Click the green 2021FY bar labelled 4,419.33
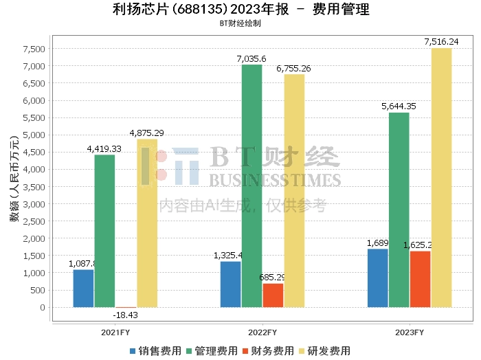(104, 231)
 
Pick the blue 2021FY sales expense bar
(83, 288)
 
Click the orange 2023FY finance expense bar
(420, 279)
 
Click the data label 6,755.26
(293, 69)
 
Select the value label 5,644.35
(399, 106)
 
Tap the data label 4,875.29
(146, 133)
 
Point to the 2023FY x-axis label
(410, 333)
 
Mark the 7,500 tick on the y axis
(34, 49)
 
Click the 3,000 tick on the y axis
(34, 204)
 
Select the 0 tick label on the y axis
(42, 307)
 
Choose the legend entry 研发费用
(325, 351)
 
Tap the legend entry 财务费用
(269, 351)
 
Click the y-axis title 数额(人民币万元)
(13, 177)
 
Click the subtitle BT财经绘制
(240, 23)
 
